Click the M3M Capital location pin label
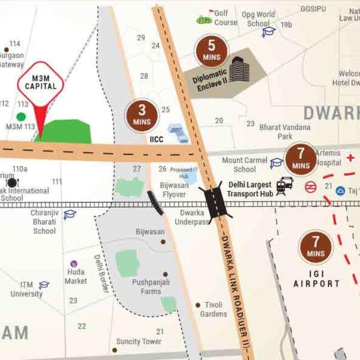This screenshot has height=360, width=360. tap(40, 82)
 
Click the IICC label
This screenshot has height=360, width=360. tap(156, 140)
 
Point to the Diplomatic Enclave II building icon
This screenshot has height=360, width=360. tap(239, 70)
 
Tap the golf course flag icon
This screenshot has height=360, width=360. tap(211, 12)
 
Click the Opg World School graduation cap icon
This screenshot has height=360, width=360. tap(269, 31)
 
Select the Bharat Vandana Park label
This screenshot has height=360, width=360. tap(285, 131)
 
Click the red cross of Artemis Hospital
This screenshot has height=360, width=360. tap(350, 158)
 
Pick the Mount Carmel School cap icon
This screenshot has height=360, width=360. tap(276, 163)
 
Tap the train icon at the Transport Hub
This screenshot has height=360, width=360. tap(284, 186)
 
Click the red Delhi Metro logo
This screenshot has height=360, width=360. tap(310, 187)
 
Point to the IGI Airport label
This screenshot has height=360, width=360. tap(316, 279)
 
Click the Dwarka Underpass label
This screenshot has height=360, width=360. tap(192, 217)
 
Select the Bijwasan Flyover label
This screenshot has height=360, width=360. tap(173, 189)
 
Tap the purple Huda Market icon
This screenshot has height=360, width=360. tap(74, 264)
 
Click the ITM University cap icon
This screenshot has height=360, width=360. tap(44, 285)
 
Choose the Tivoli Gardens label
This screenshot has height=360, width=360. tap(213, 309)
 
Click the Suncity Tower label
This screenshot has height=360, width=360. tap(139, 342)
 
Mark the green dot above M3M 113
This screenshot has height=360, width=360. tap(21, 117)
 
